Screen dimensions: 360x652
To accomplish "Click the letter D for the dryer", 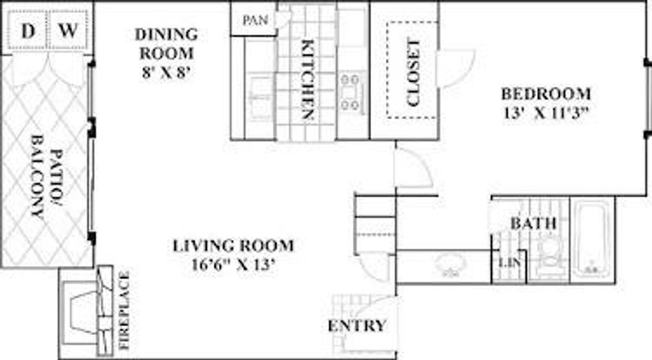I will click(x=27, y=31).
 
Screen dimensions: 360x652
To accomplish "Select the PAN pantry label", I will click(x=255, y=20).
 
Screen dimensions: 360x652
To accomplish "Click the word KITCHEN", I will click(x=308, y=80).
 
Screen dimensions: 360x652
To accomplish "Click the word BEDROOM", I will click(x=546, y=94).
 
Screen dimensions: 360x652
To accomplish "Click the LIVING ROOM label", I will click(x=234, y=245).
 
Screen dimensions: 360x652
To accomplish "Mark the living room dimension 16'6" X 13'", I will click(x=234, y=264).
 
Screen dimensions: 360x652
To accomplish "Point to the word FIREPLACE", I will click(x=125, y=311).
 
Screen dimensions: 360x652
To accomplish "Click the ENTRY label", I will click(x=357, y=326).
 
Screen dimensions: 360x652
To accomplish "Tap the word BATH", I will click(x=534, y=224).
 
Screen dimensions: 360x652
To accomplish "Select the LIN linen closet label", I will click(x=507, y=263).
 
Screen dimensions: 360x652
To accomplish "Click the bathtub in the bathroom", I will click(x=592, y=239).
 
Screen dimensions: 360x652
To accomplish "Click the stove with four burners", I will click(x=350, y=91).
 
